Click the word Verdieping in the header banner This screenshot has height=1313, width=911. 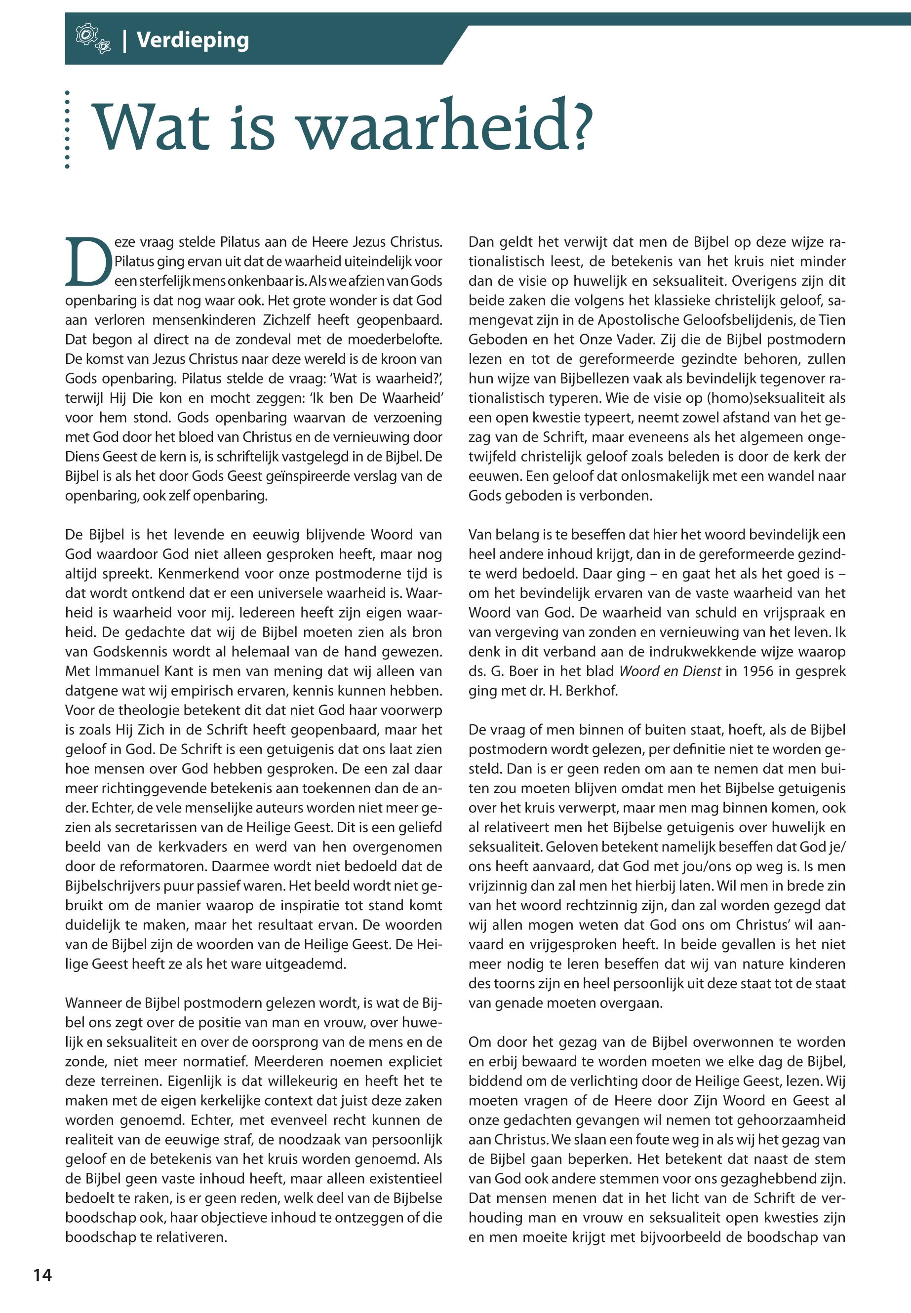[x=193, y=40]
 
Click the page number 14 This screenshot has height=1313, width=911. [x=42, y=1275]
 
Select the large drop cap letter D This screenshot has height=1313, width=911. [x=88, y=262]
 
